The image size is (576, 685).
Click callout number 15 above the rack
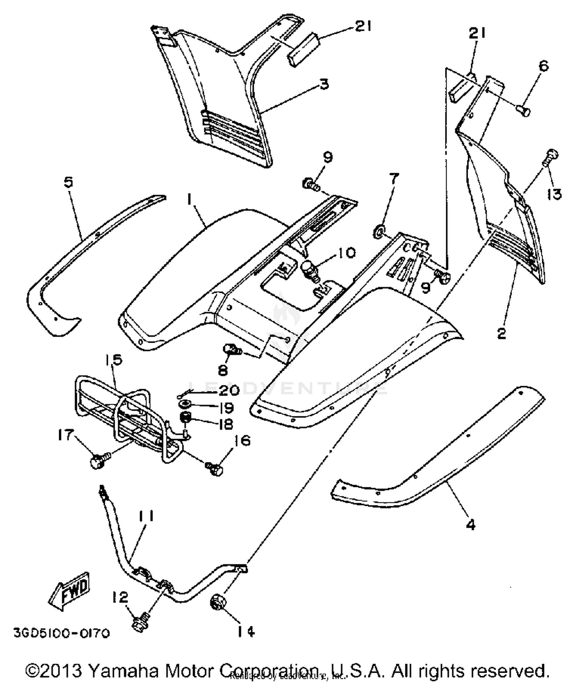(113, 360)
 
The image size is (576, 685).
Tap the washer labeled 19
(186, 404)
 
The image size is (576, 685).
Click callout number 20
(229, 391)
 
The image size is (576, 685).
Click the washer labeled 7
(379, 231)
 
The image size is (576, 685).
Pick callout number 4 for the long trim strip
(470, 524)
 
